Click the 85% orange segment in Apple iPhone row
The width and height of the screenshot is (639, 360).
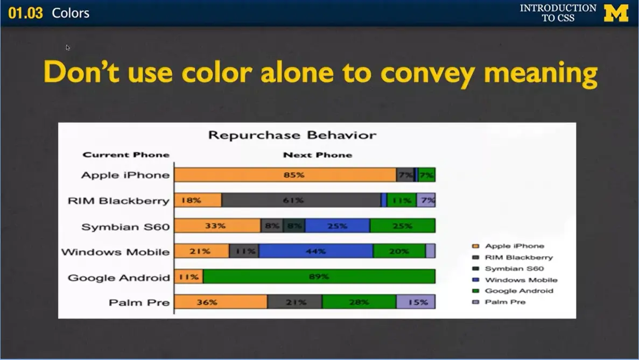click(x=285, y=175)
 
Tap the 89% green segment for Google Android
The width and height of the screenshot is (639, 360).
click(x=319, y=277)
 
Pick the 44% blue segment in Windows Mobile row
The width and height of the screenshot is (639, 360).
click(x=315, y=251)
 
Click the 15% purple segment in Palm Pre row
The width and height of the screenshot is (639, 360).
click(x=416, y=302)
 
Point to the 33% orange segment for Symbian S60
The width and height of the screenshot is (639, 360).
click(x=217, y=226)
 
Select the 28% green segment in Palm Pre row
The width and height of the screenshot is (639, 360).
click(x=359, y=302)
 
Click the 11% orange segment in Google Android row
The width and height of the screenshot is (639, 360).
click(x=188, y=277)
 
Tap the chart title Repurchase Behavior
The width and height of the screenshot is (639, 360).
click(x=292, y=135)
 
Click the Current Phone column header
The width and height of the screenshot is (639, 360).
click(x=126, y=155)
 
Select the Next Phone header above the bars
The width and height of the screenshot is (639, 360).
click(x=317, y=155)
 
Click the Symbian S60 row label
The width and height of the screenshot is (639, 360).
click(x=125, y=227)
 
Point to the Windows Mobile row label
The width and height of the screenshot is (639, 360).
click(x=115, y=252)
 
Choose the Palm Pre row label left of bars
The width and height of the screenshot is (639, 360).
click(x=139, y=302)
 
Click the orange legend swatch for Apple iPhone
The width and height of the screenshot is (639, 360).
click(x=475, y=246)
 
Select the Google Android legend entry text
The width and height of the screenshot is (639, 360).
click(x=518, y=291)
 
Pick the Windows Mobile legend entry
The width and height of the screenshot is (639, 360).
click(x=521, y=280)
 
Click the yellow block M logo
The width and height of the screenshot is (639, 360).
click(x=616, y=13)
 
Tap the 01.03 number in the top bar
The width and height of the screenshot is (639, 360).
click(x=25, y=13)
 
